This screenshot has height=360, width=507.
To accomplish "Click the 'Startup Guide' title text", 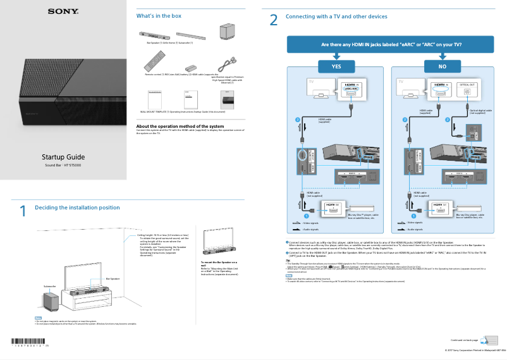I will tap(63, 157).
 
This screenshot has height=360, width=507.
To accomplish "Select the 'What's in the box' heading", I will tap(159, 16).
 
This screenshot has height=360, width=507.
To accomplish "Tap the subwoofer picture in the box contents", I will tap(226, 34).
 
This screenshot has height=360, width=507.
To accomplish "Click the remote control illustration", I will tap(152, 63).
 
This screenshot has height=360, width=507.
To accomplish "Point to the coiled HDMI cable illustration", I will tap(224, 63).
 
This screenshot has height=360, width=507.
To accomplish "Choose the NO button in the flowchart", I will tap(443, 66).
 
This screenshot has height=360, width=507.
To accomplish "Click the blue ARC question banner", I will tap(391, 45).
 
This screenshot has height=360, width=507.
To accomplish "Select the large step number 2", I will tap(274, 20).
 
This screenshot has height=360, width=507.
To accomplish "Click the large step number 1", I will tap(23, 211).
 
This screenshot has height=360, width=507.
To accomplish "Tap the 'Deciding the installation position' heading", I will tap(77, 208).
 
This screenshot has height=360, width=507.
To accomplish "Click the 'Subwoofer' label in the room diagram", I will tap(49, 286).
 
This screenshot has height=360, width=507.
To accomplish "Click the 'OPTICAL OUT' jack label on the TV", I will tap(467, 84).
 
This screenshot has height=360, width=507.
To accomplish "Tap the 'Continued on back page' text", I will tap(464, 340).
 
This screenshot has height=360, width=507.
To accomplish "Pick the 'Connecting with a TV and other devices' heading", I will tap(336, 16).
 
